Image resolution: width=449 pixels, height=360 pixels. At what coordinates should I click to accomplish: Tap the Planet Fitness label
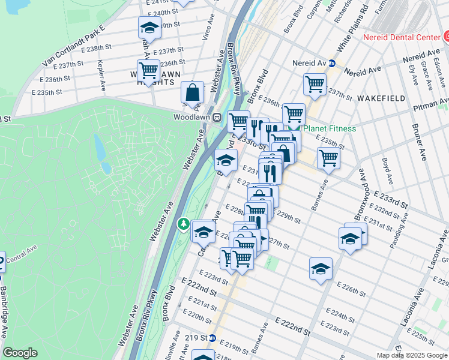[329, 128]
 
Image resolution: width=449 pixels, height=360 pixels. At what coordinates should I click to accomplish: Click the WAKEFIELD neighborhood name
[381, 97]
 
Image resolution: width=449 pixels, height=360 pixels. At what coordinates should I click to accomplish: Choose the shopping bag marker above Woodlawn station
[192, 92]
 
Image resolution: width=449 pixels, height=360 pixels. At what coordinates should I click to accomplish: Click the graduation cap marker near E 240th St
[149, 28]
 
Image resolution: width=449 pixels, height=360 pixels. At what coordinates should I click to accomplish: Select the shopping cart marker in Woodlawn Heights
[148, 70]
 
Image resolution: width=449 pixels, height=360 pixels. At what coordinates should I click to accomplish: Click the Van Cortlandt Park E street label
[73, 46]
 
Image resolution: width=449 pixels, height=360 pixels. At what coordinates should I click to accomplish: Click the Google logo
[21, 352]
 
